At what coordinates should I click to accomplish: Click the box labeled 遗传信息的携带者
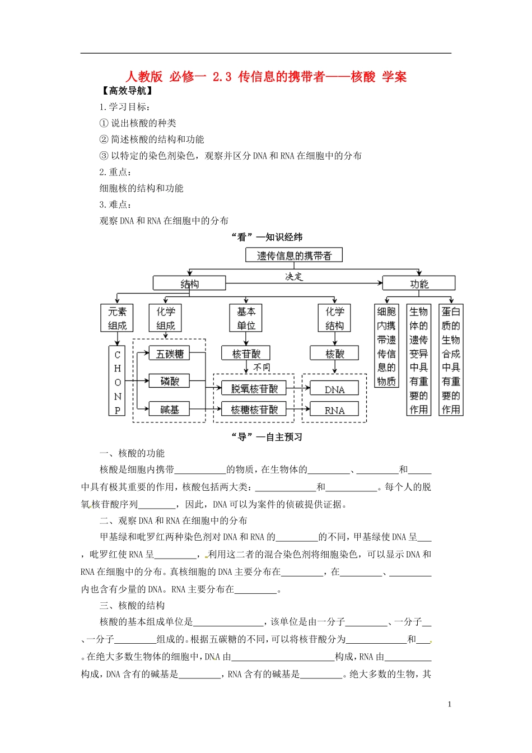[x=294, y=255]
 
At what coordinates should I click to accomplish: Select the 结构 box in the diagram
[x=189, y=283]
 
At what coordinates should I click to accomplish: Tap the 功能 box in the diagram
[x=418, y=283]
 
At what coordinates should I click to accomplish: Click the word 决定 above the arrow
[x=294, y=276]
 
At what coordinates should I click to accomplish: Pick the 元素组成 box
[x=117, y=318]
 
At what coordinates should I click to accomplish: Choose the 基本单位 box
[x=246, y=318]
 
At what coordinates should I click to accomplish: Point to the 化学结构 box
[x=334, y=318]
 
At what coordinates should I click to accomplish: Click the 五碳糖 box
[x=170, y=354]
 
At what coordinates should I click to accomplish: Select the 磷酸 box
[x=170, y=381]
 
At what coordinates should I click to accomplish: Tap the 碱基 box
[x=170, y=410]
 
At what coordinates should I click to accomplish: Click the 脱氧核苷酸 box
[x=254, y=388]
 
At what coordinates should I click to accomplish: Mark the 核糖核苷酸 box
[x=254, y=410]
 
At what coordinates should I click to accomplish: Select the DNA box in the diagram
[x=334, y=389]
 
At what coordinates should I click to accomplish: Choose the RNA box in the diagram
[x=334, y=410]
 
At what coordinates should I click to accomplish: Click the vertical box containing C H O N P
[x=117, y=381]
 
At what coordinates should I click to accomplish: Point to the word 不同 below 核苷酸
[x=262, y=368]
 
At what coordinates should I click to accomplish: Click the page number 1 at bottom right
[x=450, y=704]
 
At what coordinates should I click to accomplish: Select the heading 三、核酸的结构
[x=132, y=605]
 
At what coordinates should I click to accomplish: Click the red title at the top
[x=266, y=77]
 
